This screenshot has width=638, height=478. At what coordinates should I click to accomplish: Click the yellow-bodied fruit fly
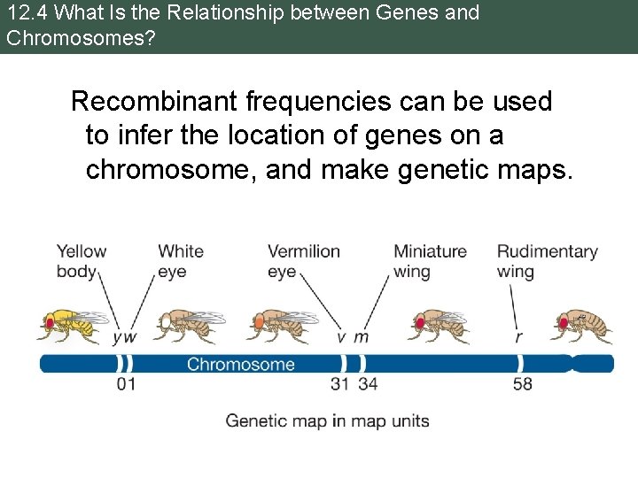point(71,325)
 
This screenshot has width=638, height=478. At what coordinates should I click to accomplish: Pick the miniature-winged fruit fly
point(438,325)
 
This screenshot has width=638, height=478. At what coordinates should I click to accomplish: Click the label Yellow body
point(81,261)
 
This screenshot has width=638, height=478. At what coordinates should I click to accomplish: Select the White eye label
point(181,261)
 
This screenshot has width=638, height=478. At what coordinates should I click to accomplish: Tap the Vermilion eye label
point(303,261)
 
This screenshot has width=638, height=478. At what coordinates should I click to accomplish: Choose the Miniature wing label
point(430,261)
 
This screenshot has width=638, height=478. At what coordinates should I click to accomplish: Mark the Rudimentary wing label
point(547,261)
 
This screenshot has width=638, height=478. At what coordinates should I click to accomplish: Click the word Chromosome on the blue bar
point(240,364)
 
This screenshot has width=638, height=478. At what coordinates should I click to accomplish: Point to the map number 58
point(523,385)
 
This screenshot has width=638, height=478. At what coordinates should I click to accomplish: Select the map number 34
point(369,385)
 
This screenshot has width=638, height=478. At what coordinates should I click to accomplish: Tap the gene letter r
point(518,338)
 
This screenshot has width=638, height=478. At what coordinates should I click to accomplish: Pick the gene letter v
point(341,338)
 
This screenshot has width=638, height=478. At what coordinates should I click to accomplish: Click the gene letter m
point(361,338)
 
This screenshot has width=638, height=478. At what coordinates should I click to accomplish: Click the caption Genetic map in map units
point(327,420)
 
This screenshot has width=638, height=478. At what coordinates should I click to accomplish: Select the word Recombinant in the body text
point(155,102)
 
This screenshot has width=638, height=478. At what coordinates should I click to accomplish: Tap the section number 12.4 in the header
point(23,13)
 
